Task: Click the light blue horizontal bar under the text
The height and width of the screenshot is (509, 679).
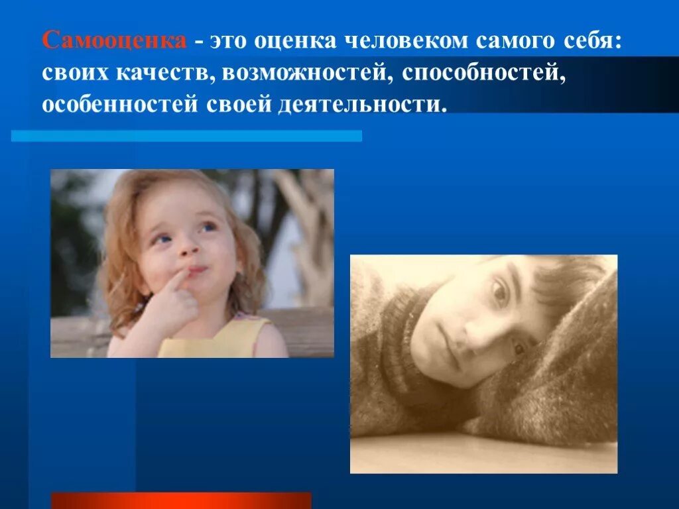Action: click(186, 135)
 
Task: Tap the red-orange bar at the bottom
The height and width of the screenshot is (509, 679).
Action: click(181, 500)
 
